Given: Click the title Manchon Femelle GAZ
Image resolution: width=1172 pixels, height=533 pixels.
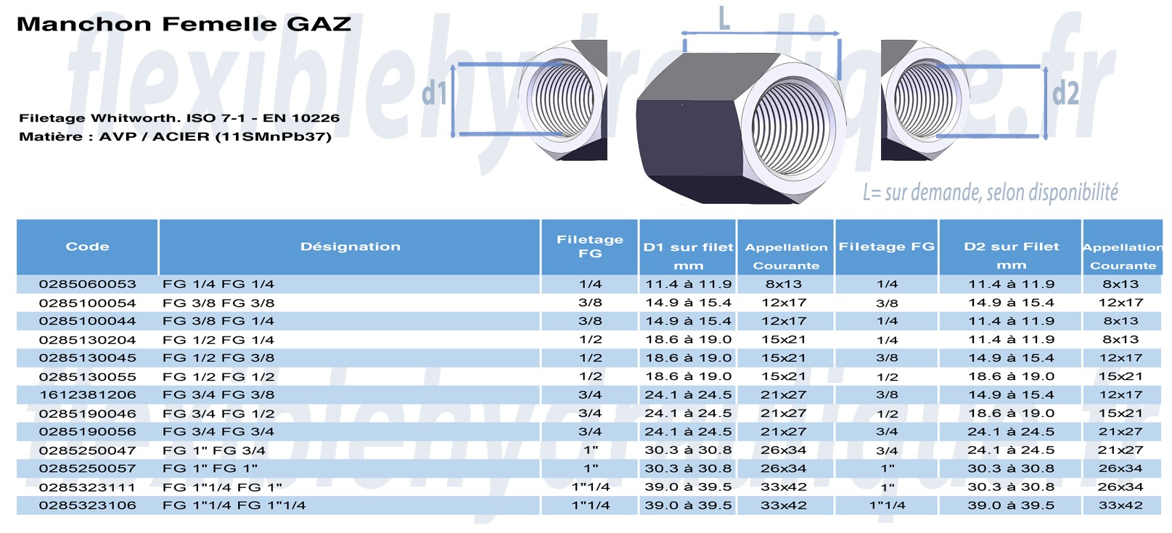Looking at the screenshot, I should [x=184, y=24].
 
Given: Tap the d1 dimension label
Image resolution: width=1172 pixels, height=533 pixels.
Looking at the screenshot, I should [x=434, y=94].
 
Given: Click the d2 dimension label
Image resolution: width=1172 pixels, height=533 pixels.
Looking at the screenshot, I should [x=1065, y=93].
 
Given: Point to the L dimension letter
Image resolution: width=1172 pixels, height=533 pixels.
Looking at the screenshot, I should [x=724, y=18].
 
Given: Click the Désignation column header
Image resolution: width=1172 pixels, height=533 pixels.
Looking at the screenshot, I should [x=350, y=247].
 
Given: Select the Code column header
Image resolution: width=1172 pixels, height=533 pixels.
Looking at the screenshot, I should [x=87, y=247].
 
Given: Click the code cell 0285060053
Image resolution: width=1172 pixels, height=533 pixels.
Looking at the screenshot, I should [x=87, y=284].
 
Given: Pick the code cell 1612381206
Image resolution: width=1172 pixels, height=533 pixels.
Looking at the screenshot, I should [x=87, y=394].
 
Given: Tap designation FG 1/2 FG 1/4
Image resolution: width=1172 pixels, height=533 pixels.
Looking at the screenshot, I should [x=218, y=339].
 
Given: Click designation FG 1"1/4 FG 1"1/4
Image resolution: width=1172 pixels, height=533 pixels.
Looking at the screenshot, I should [x=234, y=505].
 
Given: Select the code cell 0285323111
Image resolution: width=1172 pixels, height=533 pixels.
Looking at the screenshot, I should [x=87, y=487].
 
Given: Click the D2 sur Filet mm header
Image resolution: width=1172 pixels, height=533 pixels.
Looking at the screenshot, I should [x=1011, y=255].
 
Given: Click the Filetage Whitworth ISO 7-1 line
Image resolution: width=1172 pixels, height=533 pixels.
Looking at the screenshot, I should [x=179, y=117].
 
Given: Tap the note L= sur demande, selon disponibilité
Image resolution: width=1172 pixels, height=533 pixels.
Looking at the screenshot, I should [x=990, y=192].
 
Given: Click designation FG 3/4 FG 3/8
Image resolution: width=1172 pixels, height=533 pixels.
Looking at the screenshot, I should [x=218, y=394].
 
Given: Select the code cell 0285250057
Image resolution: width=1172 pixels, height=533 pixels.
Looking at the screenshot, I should [x=87, y=468].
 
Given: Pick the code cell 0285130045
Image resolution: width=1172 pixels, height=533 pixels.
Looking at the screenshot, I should [x=87, y=358].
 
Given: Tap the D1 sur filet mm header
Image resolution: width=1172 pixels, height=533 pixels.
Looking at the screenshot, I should [x=688, y=255].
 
